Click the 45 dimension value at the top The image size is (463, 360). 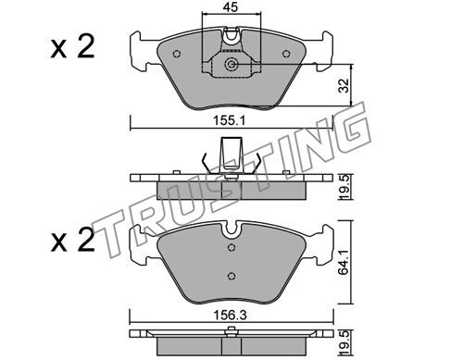tap(231, 6)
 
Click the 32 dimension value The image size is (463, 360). tap(344, 85)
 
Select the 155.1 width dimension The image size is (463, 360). tap(230, 120)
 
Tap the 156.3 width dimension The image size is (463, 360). tap(231, 316)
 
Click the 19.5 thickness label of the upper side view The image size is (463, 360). tap(344, 187)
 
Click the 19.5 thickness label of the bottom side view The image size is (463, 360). tap(344, 342)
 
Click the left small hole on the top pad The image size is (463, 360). tap(177, 54)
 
